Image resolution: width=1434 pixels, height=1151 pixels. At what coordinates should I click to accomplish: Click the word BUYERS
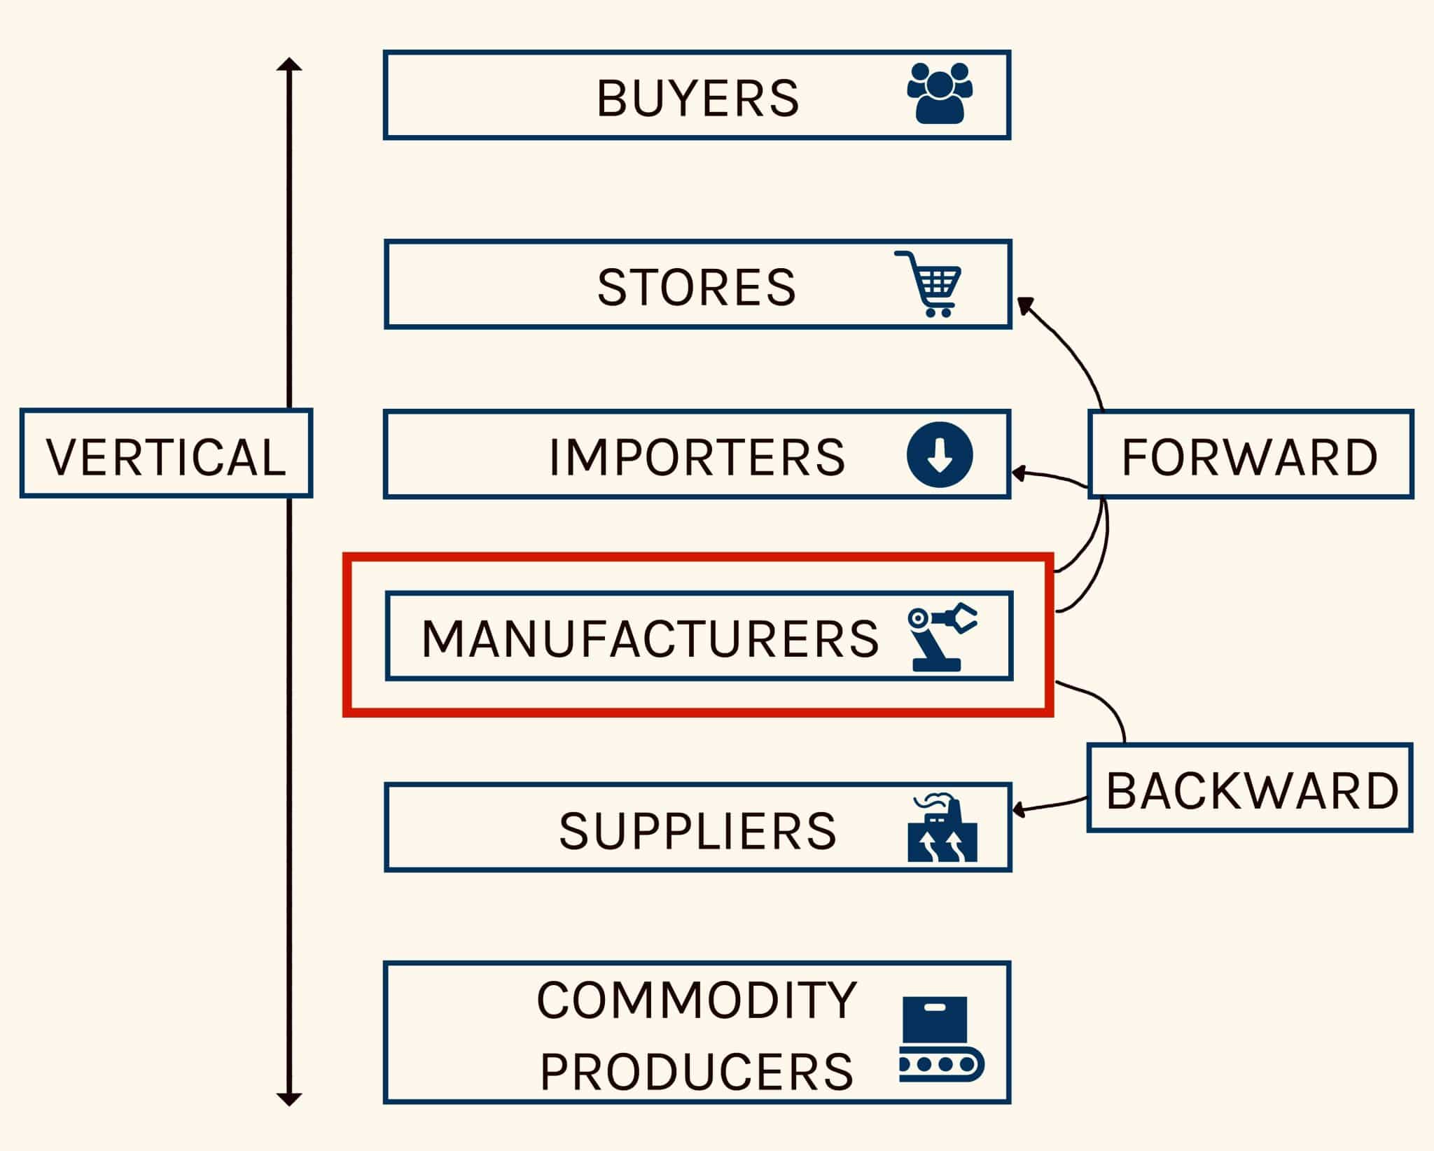coord(697,98)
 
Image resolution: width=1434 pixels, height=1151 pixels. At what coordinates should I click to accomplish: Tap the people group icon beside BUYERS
coord(940,94)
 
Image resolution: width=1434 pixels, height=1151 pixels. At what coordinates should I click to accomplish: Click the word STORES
coord(697,287)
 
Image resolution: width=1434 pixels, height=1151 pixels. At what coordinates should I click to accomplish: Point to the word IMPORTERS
coord(697,457)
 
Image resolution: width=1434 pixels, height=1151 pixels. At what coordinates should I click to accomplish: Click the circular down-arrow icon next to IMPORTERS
coord(940,455)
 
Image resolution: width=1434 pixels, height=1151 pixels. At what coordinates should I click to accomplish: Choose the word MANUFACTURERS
coord(650,639)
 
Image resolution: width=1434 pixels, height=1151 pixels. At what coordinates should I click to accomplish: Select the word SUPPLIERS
coord(697,831)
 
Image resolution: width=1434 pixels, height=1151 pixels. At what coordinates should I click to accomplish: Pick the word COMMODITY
coord(697,1000)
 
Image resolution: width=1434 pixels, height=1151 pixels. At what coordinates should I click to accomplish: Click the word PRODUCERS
coord(697,1072)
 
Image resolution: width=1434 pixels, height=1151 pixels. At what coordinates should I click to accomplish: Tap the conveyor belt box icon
coord(941,1039)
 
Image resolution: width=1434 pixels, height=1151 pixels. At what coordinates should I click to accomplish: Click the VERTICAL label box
coord(166,454)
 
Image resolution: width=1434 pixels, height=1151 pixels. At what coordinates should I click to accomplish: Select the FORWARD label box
coord(1250,455)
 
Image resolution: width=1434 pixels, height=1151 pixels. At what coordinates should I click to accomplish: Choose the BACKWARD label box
coord(1250,789)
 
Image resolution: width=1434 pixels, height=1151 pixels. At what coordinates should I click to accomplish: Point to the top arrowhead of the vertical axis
coord(288,64)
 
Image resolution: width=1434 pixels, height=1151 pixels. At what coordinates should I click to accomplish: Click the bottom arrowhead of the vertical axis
coord(288,1099)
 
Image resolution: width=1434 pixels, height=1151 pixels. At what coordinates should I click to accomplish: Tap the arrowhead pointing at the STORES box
coord(1025,305)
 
